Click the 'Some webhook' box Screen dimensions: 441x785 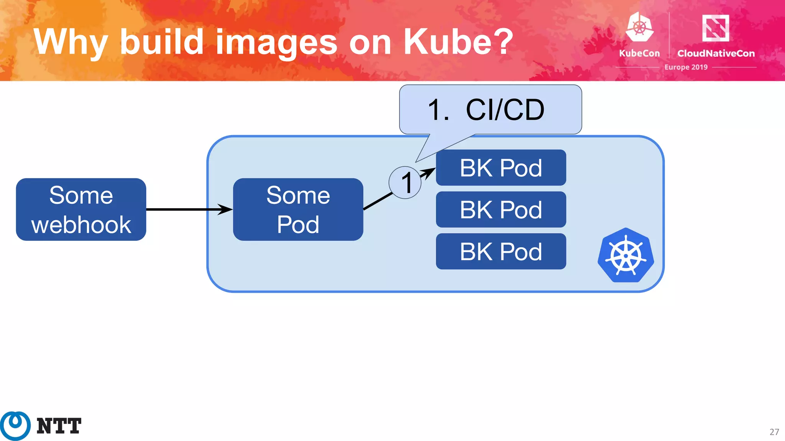pos(81,209)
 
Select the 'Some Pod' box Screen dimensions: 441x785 pos(298,209)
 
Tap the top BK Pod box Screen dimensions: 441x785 pos(501,168)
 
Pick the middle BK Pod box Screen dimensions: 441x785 pos(501,209)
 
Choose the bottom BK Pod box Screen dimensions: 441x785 pos(501,252)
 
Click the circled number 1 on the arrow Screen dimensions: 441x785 pos(405,183)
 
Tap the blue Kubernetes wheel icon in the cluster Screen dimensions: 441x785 pos(626,255)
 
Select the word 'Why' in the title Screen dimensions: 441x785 pos(71,42)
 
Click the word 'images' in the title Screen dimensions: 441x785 pos(276,42)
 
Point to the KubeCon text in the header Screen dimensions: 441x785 pos(639,53)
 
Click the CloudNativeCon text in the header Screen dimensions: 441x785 pos(716,53)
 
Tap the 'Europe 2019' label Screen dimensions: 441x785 pos(686,67)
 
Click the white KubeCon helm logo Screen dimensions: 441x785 pos(639,27)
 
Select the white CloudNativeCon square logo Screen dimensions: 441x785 pos(715,28)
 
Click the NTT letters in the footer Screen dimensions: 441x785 pos(59,426)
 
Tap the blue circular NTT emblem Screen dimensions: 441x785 pos(15,426)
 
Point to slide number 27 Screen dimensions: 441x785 pos(774,432)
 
